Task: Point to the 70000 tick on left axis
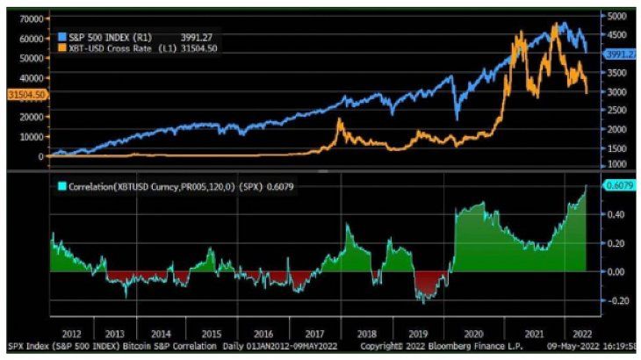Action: [x=32, y=18]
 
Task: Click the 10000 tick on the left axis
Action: [x=32, y=136]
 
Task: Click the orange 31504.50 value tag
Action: [x=25, y=93]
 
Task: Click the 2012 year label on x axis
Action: [x=71, y=334]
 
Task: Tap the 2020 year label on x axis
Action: [x=474, y=334]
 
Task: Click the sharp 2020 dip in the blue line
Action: [x=457, y=117]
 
